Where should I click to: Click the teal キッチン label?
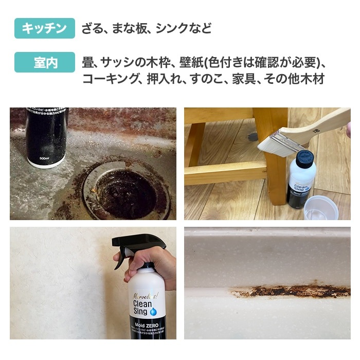tap(45, 28)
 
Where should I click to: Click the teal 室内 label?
tap(45, 62)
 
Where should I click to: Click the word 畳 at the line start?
tap(87, 63)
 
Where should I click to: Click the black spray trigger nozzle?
tap(135, 246)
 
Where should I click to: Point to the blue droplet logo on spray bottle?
tap(153, 311)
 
